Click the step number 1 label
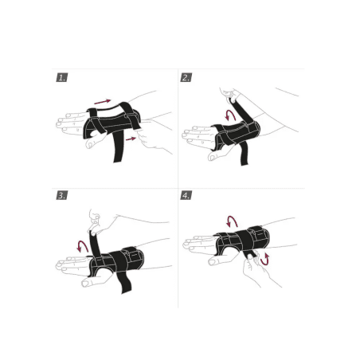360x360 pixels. click(62, 77)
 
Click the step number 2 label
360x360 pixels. click(186, 77)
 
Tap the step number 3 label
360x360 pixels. click(62, 195)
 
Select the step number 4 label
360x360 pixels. click(186, 195)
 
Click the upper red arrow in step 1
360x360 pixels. click(103, 101)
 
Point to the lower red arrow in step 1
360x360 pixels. click(131, 139)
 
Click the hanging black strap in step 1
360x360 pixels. click(118, 147)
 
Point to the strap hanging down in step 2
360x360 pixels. click(244, 154)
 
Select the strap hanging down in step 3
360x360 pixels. click(124, 282)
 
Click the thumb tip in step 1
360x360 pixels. click(90, 145)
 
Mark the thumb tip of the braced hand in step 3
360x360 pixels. click(85, 284)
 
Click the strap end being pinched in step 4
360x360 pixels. click(251, 256)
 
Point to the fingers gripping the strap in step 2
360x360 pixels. click(229, 94)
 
